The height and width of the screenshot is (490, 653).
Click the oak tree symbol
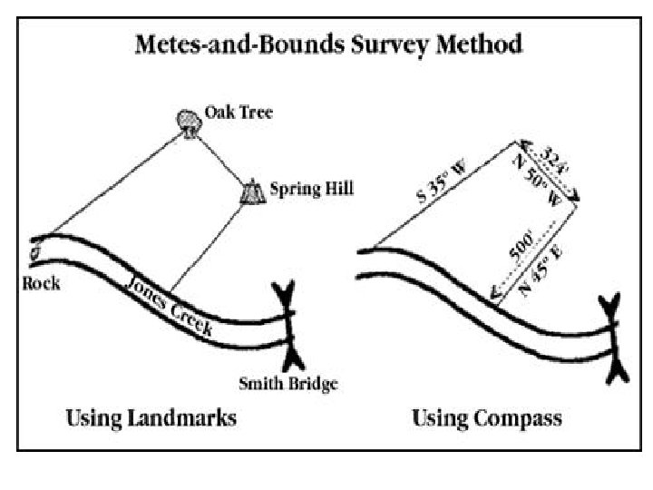coord(189,122)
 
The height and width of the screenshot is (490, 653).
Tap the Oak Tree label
coord(239,113)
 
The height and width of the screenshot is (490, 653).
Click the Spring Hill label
coord(312,190)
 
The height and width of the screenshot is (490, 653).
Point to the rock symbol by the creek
coord(37,252)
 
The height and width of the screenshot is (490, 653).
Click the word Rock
coord(42,283)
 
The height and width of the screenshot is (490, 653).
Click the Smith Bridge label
coord(288,383)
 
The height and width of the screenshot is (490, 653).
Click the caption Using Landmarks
coord(151,418)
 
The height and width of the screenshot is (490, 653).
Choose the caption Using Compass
coord(487,418)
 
